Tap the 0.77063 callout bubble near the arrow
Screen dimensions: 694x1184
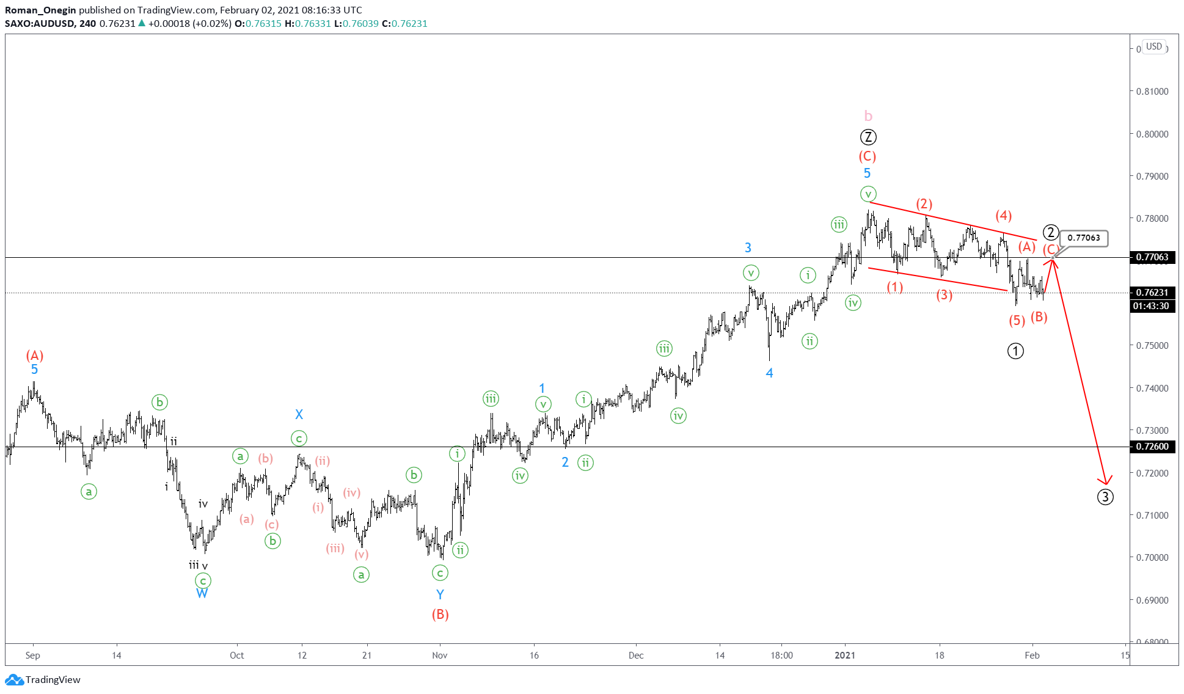point(1084,238)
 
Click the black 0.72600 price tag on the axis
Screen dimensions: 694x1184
point(1152,447)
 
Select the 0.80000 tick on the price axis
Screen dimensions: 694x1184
point(1152,134)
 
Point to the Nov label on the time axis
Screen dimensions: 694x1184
point(439,655)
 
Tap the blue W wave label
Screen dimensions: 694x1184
point(202,593)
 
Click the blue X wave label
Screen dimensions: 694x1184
point(299,414)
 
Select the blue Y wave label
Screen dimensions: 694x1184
point(440,594)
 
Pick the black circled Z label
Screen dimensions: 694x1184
point(868,137)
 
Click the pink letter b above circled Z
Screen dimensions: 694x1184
point(868,116)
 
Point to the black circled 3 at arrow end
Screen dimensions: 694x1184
point(1105,497)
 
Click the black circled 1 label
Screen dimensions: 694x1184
point(1015,351)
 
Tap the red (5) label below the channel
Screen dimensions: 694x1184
point(1017,320)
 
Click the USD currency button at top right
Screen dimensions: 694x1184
point(1153,46)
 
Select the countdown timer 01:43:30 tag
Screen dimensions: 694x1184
point(1151,306)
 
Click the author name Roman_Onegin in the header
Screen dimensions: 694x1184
point(40,10)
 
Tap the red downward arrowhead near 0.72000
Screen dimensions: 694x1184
point(1105,480)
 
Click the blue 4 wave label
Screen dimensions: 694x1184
point(769,373)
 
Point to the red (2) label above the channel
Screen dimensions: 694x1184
point(924,203)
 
